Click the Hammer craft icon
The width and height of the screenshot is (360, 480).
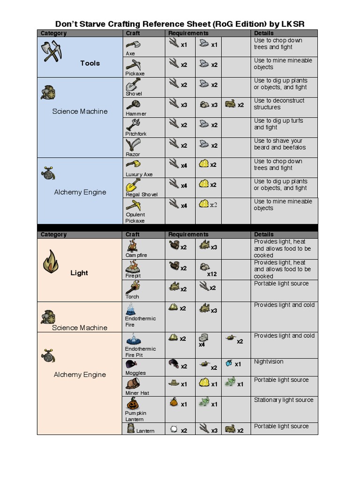[x=133, y=105]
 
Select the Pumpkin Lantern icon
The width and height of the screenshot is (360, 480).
[x=133, y=403]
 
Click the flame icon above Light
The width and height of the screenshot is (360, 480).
[x=50, y=262]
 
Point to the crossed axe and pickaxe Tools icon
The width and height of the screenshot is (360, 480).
[x=51, y=52]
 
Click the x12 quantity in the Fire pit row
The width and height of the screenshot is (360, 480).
[x=212, y=274]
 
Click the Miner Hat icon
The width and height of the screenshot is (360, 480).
[x=133, y=384]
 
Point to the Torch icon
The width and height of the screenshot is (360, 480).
[x=133, y=287]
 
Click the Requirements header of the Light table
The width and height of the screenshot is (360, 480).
[x=188, y=234]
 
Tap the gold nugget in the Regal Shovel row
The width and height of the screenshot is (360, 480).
[x=203, y=184]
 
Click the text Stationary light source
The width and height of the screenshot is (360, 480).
[x=284, y=400]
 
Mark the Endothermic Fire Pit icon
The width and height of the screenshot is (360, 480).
[x=134, y=339]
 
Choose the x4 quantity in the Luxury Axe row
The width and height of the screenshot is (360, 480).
[x=184, y=165]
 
